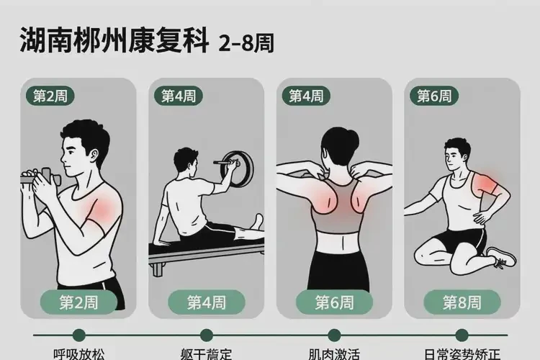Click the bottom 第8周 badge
coord(462,302)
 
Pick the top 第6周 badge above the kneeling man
coord(435,96)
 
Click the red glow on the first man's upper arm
coord(101,209)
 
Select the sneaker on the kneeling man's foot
coord(500,256)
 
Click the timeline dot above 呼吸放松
coord(78,335)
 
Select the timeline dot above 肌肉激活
coord(334,335)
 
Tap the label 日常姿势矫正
coord(462,354)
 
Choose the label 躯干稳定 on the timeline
coord(207,354)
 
